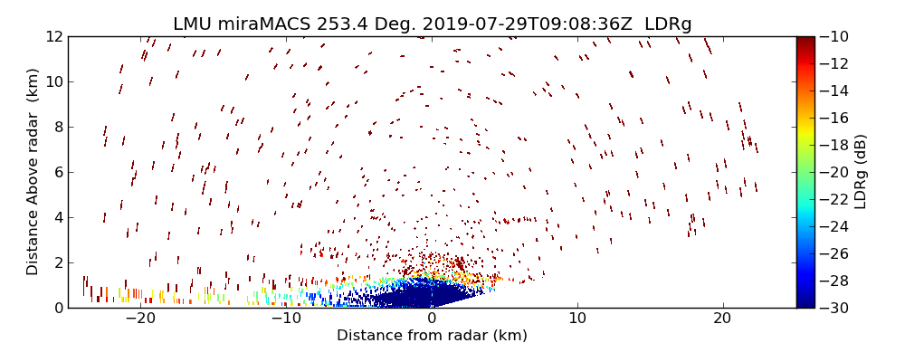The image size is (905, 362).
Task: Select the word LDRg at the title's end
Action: point(668,24)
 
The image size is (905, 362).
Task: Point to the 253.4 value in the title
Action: point(341,24)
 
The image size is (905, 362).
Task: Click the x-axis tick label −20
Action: point(140,319)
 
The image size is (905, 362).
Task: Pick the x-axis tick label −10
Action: point(286,319)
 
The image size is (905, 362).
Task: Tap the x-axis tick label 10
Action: point(576,319)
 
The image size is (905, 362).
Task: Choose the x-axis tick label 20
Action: point(722,319)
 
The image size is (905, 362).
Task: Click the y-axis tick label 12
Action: point(53,36)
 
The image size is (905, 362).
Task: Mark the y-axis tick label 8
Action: point(57,127)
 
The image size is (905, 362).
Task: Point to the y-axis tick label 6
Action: point(57,172)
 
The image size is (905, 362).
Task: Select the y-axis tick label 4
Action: point(57,217)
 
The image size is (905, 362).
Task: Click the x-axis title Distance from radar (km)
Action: point(432,336)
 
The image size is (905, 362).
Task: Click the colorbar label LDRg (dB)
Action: point(861,172)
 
